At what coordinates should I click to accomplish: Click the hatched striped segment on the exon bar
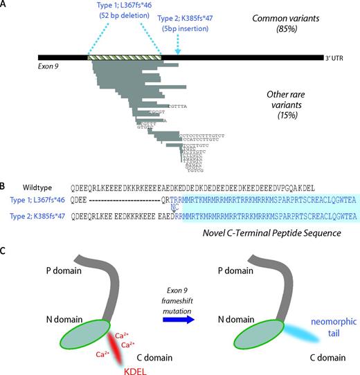click(125, 57)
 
